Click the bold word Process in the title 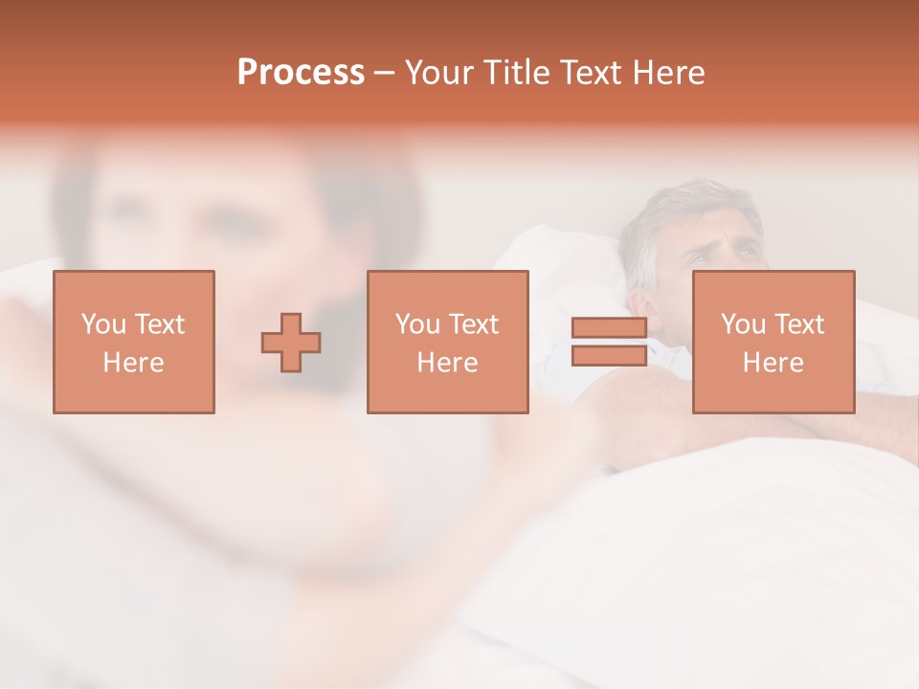tap(301, 73)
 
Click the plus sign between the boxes tap(291, 343)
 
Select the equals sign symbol tap(609, 343)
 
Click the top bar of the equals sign tap(609, 328)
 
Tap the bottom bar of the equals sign tap(609, 356)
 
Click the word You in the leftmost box tap(102, 324)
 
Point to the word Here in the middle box tap(447, 363)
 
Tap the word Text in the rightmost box tap(800, 324)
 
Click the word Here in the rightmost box tap(773, 363)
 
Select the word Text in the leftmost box tap(160, 324)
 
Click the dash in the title tap(384, 73)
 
